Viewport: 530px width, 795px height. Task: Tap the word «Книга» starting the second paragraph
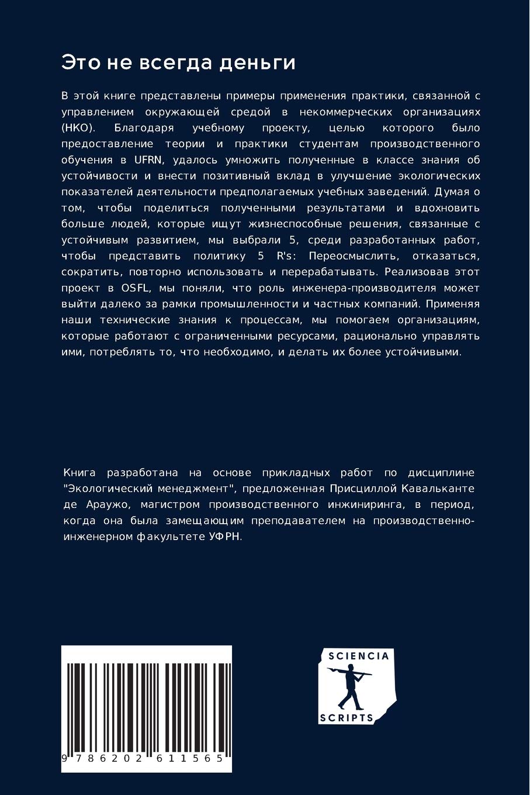tap(79, 472)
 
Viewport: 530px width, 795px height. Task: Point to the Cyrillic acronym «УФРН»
tap(224, 536)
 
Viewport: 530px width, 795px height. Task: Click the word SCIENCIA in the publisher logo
tap(358, 656)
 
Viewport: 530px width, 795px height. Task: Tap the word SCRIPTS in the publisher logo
tap(347, 718)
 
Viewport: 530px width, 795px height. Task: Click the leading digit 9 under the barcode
tap(64, 758)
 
